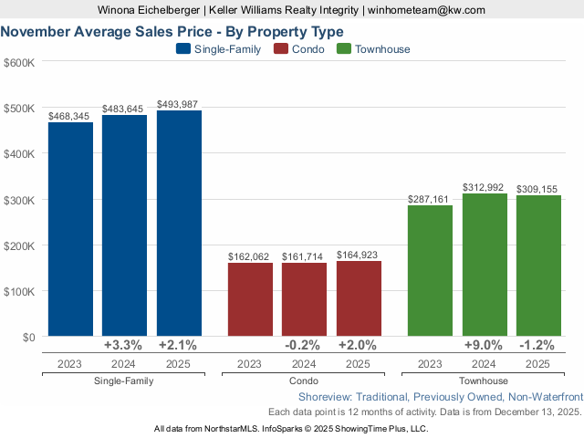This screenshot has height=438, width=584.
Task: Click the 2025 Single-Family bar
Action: [x=179, y=224]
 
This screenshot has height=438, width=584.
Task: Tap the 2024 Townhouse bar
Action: [x=485, y=265]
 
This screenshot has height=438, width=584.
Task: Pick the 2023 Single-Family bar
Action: [x=70, y=229]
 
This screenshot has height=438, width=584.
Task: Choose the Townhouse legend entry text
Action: [x=382, y=49]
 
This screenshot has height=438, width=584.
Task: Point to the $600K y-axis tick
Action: [x=19, y=62]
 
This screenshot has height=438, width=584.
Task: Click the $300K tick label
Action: [x=19, y=200]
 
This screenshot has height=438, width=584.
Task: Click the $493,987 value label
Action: [x=179, y=104]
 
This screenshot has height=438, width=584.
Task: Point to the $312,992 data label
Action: [x=485, y=187]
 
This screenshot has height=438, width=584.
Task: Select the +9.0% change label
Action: [x=485, y=346]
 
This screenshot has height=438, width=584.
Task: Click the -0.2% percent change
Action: [x=305, y=346]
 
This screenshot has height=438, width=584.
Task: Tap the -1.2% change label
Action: [x=538, y=346]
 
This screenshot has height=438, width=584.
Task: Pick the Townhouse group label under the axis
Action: [x=484, y=381]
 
